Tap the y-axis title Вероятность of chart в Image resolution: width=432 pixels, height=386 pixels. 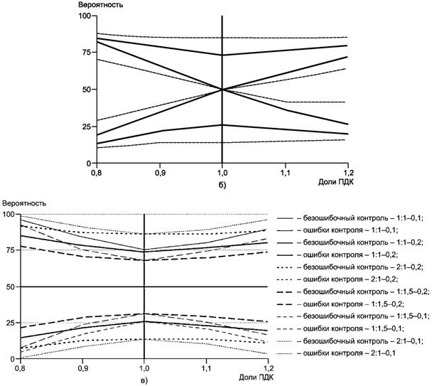[23, 203]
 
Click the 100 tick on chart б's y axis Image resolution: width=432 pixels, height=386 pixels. [83, 16]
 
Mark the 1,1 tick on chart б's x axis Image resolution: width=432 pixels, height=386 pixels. [286, 172]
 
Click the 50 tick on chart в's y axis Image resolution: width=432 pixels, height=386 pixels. [11, 286]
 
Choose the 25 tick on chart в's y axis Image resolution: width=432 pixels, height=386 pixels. [11, 323]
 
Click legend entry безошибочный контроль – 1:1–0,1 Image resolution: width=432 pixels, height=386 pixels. [358, 218]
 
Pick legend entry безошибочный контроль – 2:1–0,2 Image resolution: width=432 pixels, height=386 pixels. [358, 267]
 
